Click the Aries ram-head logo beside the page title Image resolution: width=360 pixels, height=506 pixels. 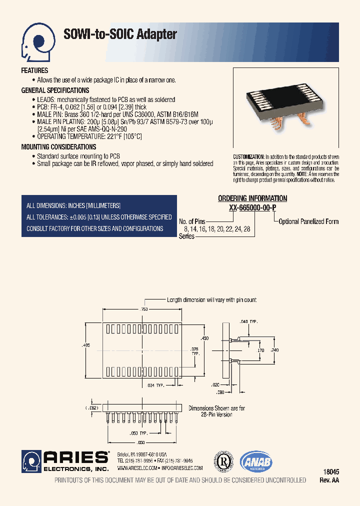pyautogui.click(x=36, y=40)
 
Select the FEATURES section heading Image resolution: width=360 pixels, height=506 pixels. pyautogui.click(x=34, y=71)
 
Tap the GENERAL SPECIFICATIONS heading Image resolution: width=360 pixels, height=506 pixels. pyautogui.click(x=55, y=90)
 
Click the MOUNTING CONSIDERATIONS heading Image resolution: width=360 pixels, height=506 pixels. pyautogui.click(x=58, y=147)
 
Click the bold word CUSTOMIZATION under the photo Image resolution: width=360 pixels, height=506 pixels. pyautogui.click(x=248, y=156)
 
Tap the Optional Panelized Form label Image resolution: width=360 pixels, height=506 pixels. pyautogui.click(x=308, y=221)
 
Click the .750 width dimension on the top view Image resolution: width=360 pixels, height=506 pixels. pyautogui.click(x=145, y=309)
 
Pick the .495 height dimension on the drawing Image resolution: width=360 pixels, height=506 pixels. pyautogui.click(x=86, y=346)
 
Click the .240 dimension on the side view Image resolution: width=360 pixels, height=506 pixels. pyautogui.click(x=274, y=350)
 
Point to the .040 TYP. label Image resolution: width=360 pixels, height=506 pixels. pyautogui.click(x=248, y=321)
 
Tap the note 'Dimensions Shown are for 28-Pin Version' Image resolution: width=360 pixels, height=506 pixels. pyautogui.click(x=216, y=411)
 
